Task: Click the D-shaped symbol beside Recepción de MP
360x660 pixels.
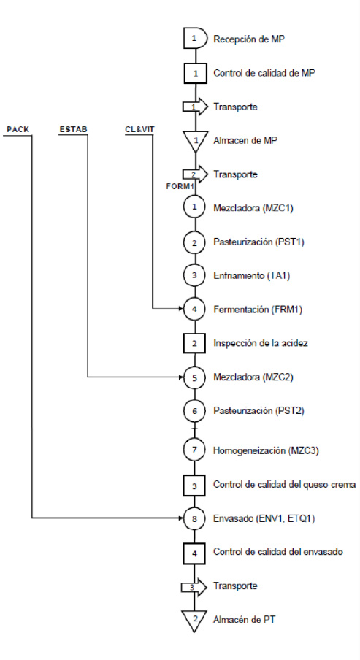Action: pos(195,39)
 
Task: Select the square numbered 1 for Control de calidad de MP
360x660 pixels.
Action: pos(195,73)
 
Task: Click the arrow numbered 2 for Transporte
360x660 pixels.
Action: pos(195,174)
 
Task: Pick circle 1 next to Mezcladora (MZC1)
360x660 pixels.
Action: pos(194,207)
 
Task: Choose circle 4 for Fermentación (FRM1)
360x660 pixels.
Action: pos(194,309)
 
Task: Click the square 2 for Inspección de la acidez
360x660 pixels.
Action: pos(194,343)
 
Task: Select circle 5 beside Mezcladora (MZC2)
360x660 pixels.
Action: pos(194,377)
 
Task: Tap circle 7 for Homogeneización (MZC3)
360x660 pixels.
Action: pos(194,450)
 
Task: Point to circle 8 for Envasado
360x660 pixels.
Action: pos(194,518)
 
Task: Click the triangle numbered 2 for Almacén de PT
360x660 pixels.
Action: pos(194,618)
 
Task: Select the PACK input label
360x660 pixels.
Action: pos(18,129)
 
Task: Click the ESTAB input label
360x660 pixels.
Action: pos(73,129)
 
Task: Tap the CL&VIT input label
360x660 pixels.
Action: pos(139,129)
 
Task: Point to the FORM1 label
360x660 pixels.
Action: pos(180,187)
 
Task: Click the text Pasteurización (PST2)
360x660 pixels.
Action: pos(258,410)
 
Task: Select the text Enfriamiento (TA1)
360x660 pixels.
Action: pos(251,276)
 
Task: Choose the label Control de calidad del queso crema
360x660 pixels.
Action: pos(284,485)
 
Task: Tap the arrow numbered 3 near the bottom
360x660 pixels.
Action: pos(194,587)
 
